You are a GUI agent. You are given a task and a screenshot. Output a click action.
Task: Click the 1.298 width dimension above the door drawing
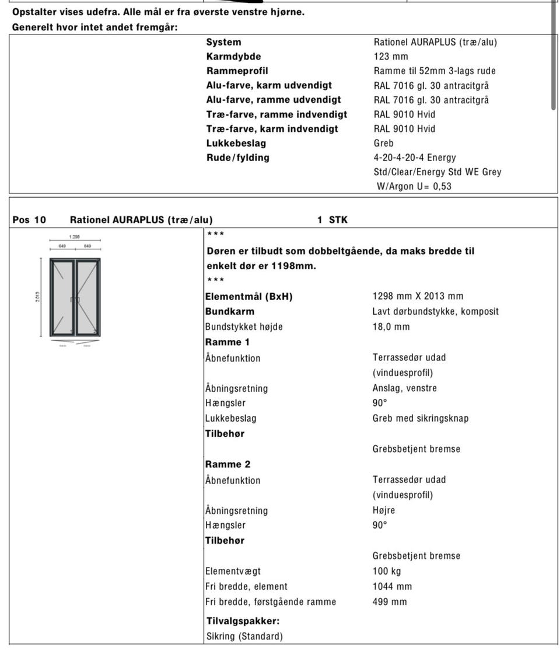coord(75,237)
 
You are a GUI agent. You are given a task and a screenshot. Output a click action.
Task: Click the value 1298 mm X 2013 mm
coord(418,296)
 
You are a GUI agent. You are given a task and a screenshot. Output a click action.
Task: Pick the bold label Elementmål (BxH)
coord(249,296)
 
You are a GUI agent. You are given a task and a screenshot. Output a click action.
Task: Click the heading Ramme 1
coord(227,342)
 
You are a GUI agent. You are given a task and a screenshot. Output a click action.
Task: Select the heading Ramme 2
coord(228,464)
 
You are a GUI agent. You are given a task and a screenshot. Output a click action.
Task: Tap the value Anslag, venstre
coord(404,388)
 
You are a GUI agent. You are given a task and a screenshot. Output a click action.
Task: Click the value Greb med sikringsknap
coord(420,418)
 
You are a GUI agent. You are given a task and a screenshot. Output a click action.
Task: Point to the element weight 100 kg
coord(386,571)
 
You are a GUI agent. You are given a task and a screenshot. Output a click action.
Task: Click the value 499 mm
coord(390,602)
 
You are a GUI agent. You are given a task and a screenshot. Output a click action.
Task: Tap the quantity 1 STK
coord(332,220)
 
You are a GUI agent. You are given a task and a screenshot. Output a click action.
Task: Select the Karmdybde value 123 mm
coord(391,57)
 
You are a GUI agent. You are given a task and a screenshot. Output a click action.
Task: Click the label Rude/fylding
coord(237,158)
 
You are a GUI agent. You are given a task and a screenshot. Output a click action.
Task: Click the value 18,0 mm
coord(391,326)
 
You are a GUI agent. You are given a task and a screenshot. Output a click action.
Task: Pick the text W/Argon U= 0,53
coord(414,187)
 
